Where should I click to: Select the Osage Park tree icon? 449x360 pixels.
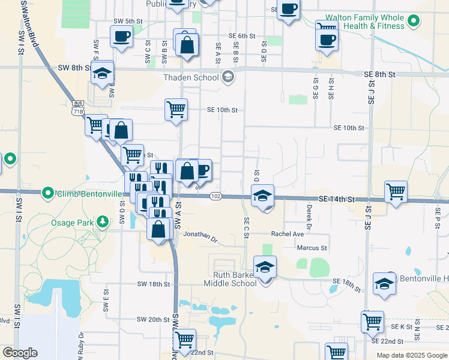(x=103, y=223)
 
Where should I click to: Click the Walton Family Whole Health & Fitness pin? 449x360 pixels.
(x=412, y=22)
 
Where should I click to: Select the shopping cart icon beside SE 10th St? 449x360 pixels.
(x=176, y=110)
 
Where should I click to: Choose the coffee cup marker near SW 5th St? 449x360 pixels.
(x=121, y=37)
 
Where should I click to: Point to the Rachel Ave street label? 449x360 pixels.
(x=287, y=234)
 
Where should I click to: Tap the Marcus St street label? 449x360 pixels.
(x=312, y=247)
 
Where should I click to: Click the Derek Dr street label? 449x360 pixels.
(x=309, y=217)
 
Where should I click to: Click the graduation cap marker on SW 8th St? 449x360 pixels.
(x=103, y=73)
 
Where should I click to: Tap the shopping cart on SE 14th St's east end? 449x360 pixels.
(x=396, y=192)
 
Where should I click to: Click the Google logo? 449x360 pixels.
(x=19, y=353)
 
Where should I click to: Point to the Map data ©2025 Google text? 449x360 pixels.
(x=411, y=355)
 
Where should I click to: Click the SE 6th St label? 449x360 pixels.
(x=242, y=36)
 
